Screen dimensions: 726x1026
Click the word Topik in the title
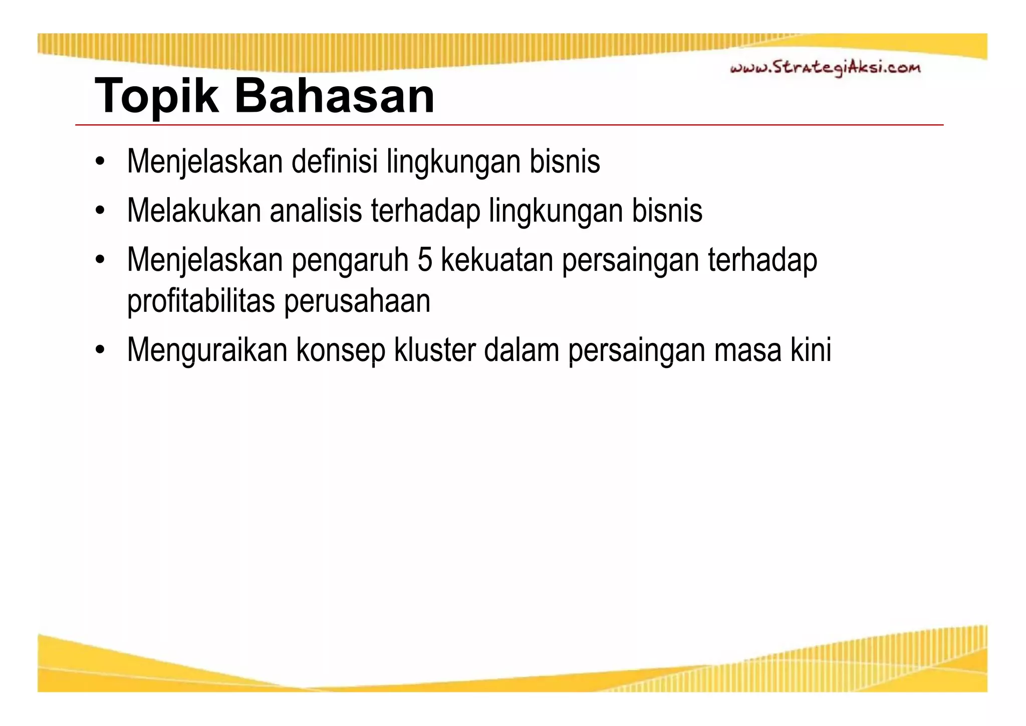[x=156, y=96]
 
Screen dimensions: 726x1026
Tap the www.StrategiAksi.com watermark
[x=825, y=68]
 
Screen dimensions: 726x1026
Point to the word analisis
[x=316, y=211]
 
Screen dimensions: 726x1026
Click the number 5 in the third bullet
[x=424, y=260]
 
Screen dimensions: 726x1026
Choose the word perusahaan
[x=357, y=301]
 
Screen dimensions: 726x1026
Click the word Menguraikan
[x=207, y=350]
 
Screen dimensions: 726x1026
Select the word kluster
[x=434, y=350]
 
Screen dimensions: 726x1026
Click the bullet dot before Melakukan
[x=101, y=211]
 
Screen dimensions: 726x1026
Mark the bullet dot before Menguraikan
[x=101, y=350]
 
